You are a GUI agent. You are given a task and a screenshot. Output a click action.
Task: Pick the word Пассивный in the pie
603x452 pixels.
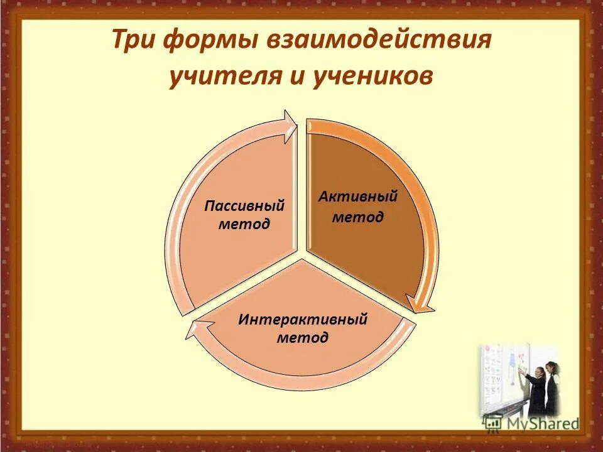pos(245,206)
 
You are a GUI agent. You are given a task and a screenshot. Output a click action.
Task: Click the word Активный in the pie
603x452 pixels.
pos(357,196)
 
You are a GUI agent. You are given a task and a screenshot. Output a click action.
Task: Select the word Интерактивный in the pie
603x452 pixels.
pos(302,319)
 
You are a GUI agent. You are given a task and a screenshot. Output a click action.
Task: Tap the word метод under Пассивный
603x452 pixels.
pos(244,224)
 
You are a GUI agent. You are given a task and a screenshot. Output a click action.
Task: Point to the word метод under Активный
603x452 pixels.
pos(357,217)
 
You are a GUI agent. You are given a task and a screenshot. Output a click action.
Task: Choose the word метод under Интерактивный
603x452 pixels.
pos(302,338)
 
